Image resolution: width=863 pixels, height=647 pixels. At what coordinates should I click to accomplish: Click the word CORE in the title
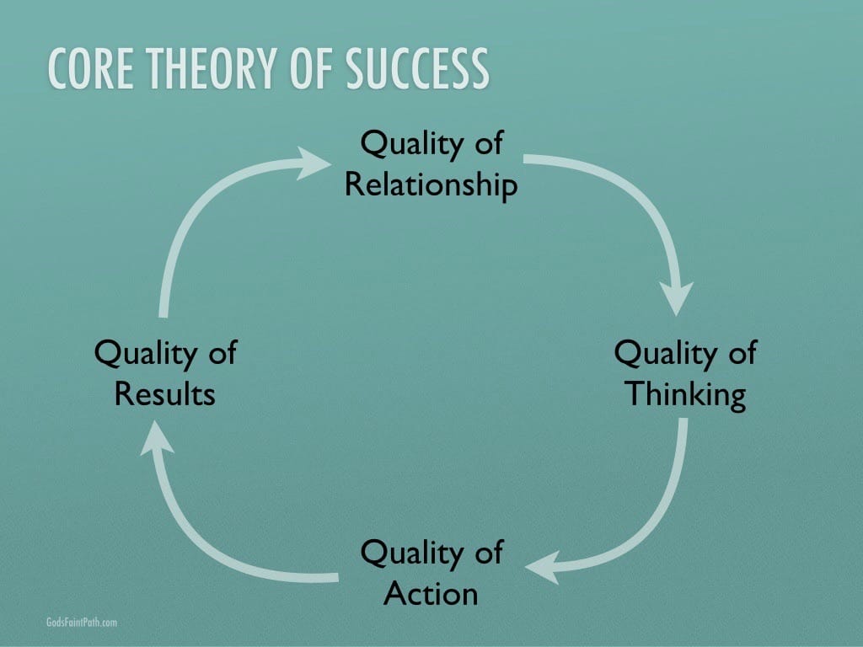click(x=91, y=68)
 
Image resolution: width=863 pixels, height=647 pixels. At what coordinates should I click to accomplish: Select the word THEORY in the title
click(x=212, y=68)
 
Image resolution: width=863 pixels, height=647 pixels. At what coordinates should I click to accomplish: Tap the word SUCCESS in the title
click(x=417, y=68)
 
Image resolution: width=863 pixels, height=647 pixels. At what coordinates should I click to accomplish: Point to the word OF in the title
click(x=311, y=68)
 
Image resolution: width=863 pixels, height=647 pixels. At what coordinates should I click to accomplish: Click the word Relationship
click(x=431, y=184)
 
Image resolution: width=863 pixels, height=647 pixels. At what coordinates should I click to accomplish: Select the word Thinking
click(x=686, y=395)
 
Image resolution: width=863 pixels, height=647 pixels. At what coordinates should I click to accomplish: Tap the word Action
click(x=431, y=594)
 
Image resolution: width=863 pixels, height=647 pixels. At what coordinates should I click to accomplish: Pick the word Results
click(x=165, y=394)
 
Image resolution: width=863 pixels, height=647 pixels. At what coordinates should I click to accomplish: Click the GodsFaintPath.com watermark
click(x=82, y=623)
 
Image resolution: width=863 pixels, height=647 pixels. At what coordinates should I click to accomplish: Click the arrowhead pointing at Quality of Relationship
click(x=313, y=163)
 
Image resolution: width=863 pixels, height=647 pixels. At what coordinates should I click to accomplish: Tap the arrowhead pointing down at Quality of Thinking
click(x=677, y=298)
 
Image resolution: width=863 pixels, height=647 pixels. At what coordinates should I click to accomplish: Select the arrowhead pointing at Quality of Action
click(x=543, y=567)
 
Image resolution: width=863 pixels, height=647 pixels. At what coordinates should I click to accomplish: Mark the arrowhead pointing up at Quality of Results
click(x=156, y=438)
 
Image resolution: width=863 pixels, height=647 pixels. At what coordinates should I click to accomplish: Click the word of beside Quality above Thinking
click(x=743, y=351)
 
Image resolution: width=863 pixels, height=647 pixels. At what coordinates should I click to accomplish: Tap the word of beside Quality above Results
click(x=222, y=351)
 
